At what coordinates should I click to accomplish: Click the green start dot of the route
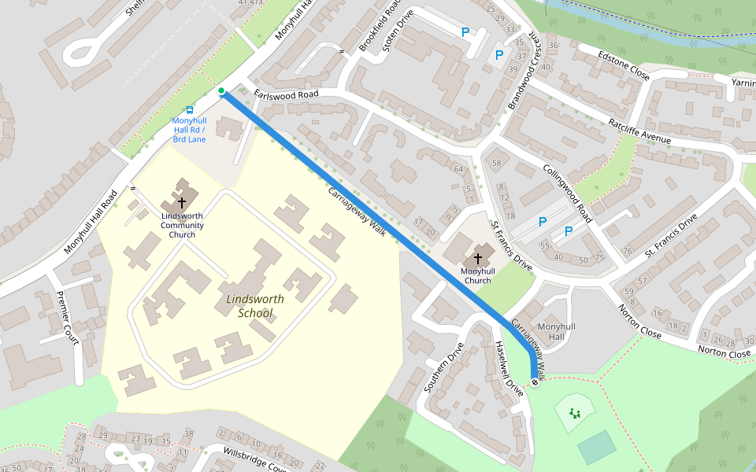(x=221, y=91)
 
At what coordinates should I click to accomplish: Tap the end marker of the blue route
(x=535, y=383)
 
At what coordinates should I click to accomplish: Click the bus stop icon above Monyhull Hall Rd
(x=189, y=111)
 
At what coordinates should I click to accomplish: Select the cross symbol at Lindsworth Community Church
(x=182, y=202)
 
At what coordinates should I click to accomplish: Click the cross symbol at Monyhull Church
(x=477, y=258)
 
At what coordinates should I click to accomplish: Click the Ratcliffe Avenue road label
(x=639, y=132)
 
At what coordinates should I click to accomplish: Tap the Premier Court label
(x=69, y=316)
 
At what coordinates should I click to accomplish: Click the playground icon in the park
(x=576, y=412)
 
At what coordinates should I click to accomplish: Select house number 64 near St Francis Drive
(x=459, y=169)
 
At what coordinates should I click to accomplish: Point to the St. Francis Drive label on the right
(x=671, y=235)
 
